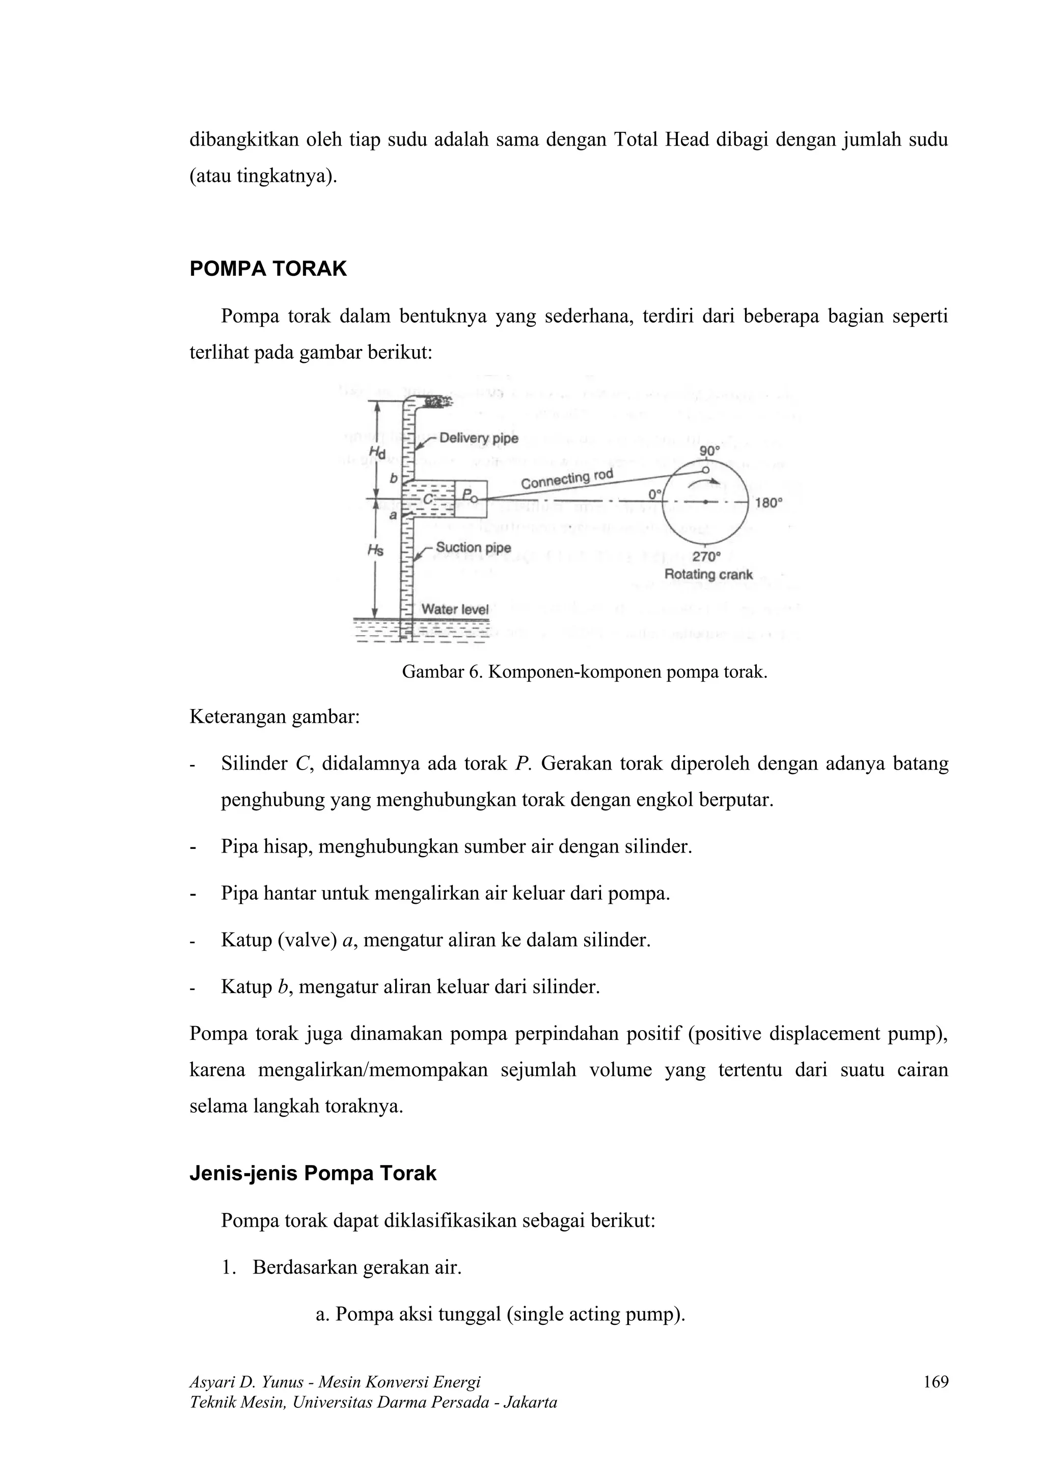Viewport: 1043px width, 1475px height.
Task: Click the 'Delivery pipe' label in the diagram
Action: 478,439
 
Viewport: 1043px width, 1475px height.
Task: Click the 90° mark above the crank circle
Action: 709,451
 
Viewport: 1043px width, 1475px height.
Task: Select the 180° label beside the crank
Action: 768,502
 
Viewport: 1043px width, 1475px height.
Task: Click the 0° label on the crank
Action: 655,494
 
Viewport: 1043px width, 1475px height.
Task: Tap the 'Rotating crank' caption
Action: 708,574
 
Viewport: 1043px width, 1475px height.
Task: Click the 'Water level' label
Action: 455,609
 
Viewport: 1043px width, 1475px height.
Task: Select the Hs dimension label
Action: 375,550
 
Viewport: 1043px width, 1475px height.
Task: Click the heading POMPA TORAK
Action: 268,269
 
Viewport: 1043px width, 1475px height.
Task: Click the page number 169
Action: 935,1382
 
